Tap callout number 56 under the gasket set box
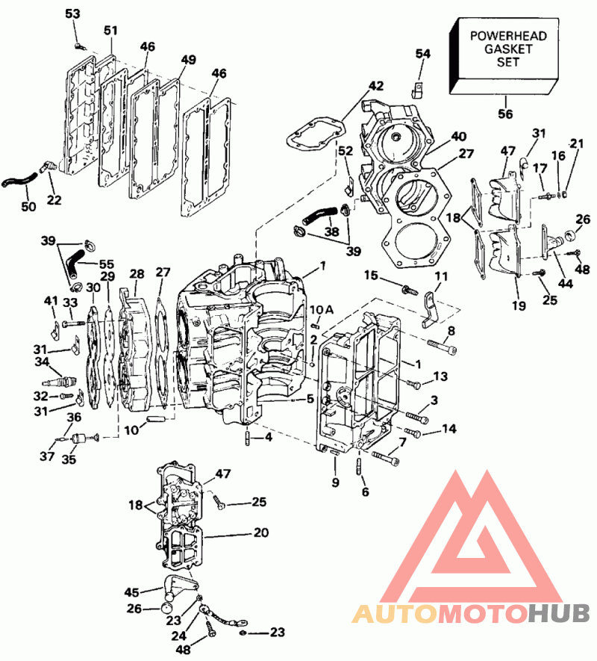point(505,114)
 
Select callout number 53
point(72,14)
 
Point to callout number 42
point(375,87)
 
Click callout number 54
point(423,54)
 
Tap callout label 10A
point(316,309)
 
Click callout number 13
point(441,375)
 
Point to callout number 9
point(335,482)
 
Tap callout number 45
point(132,592)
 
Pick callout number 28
point(137,274)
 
